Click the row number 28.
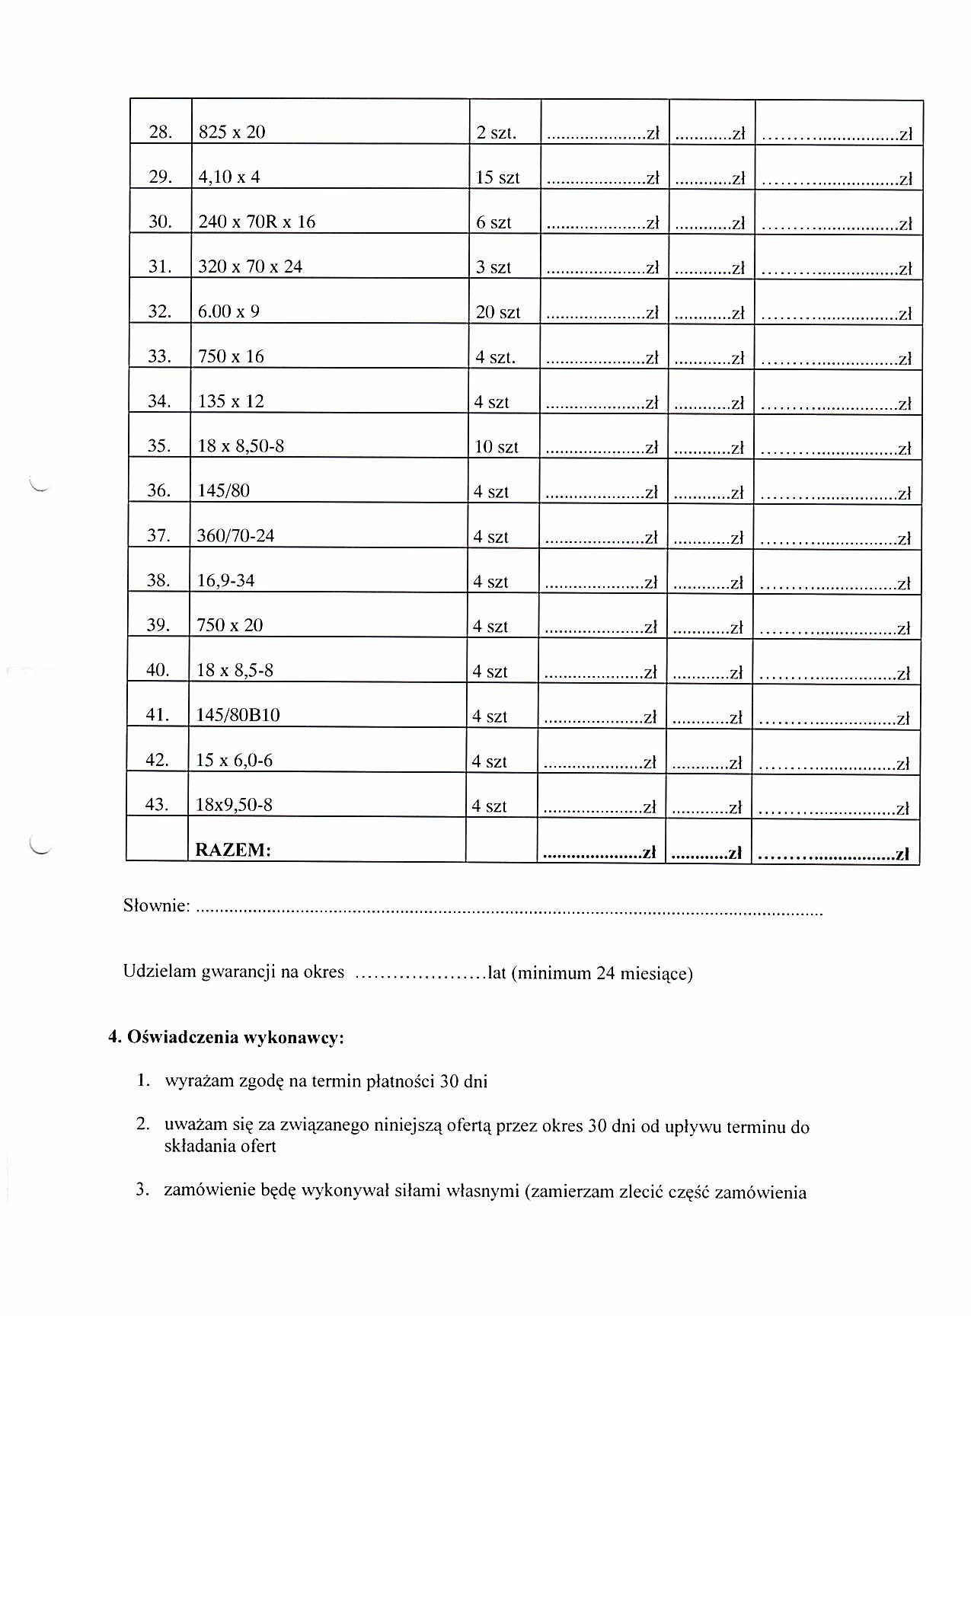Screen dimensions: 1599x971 [161, 132]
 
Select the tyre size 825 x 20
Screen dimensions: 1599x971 [232, 132]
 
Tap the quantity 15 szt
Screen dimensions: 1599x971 [497, 177]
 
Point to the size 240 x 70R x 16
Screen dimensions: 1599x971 [257, 222]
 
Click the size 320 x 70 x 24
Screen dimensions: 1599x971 [250, 267]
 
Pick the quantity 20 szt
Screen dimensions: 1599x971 [497, 312]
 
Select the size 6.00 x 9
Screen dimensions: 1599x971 [228, 311]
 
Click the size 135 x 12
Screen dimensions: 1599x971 [231, 401]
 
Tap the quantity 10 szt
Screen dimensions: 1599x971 [496, 447]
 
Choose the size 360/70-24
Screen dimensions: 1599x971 [235, 536]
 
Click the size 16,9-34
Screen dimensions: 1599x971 [225, 581]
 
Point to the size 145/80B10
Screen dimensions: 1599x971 [238, 716]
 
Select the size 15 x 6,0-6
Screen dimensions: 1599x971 [234, 760]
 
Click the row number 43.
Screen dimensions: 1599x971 [156, 805]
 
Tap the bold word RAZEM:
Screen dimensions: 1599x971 [233, 850]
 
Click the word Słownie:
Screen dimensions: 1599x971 [156, 906]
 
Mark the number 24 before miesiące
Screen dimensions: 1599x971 [606, 973]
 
